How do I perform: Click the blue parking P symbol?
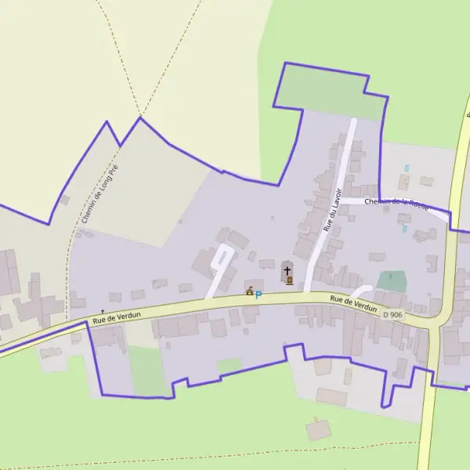click(x=258, y=295)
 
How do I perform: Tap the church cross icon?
click(x=288, y=271)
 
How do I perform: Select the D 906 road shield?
click(x=392, y=314)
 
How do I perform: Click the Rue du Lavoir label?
click(x=334, y=209)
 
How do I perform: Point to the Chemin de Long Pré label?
click(x=99, y=194)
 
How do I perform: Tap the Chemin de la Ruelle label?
click(x=396, y=204)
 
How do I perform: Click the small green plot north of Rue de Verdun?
click(x=392, y=280)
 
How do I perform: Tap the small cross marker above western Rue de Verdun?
click(x=102, y=311)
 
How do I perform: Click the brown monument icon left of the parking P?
click(x=249, y=293)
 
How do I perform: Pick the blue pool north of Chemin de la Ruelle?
click(x=406, y=168)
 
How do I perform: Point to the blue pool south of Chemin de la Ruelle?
click(x=404, y=229)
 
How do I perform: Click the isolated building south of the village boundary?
click(x=318, y=429)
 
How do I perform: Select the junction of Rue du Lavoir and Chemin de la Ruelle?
click(x=342, y=200)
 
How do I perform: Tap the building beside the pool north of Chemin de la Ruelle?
click(x=404, y=182)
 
